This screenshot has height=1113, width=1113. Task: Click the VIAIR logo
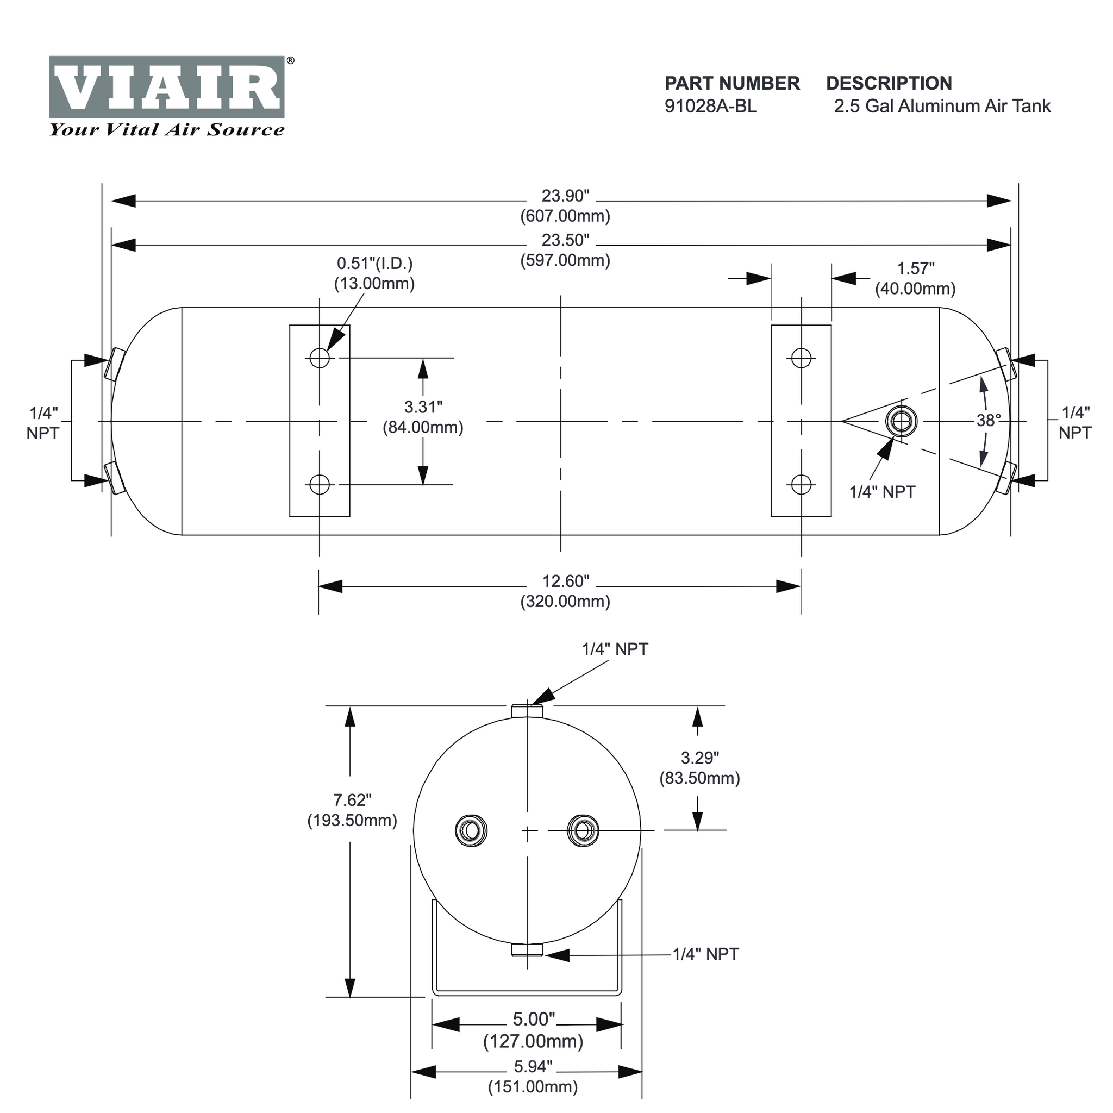click(167, 87)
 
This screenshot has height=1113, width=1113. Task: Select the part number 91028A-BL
click(710, 107)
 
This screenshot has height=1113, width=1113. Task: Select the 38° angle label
click(989, 421)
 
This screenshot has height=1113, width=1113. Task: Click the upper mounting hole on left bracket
click(320, 358)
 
